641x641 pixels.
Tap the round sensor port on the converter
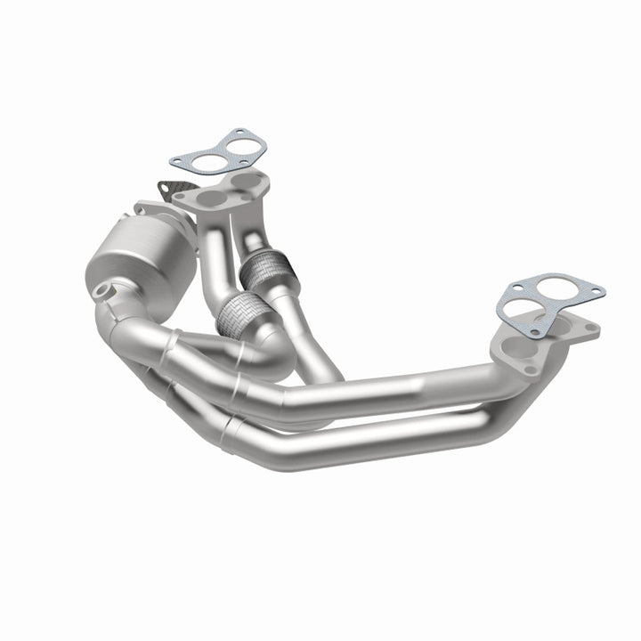coord(104,290)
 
